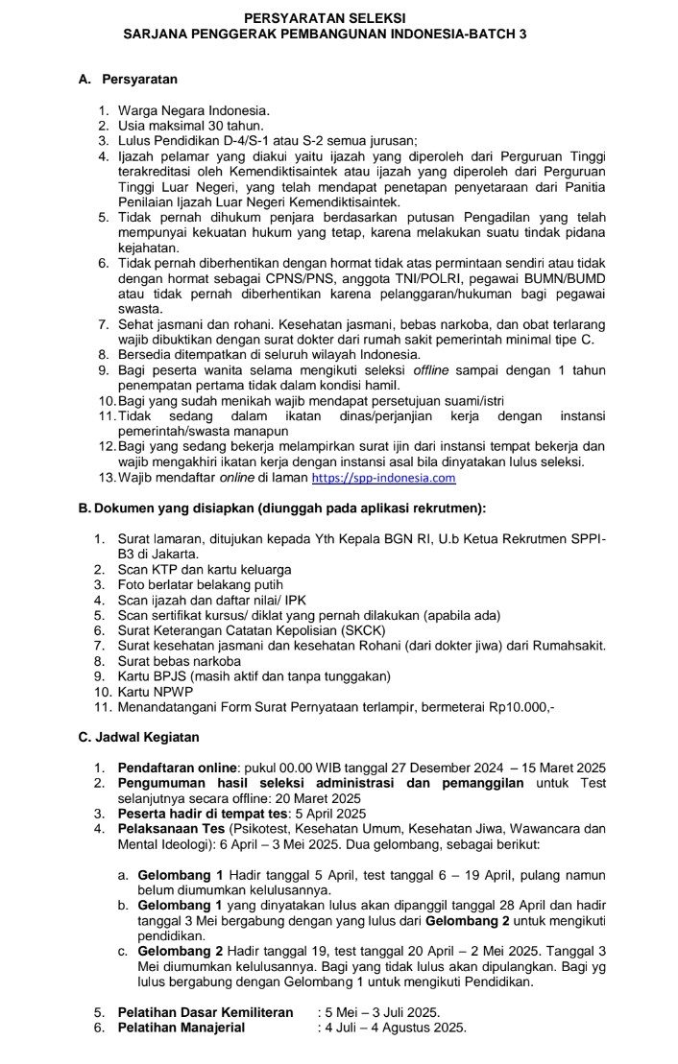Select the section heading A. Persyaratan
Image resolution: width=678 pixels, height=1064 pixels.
(128, 79)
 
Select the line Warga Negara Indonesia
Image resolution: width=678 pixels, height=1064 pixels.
(193, 110)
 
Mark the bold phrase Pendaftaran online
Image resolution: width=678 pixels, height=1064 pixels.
(178, 768)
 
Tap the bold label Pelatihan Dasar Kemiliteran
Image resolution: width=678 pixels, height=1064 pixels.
(205, 1012)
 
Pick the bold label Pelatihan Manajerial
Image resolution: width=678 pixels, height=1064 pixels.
(181, 1028)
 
